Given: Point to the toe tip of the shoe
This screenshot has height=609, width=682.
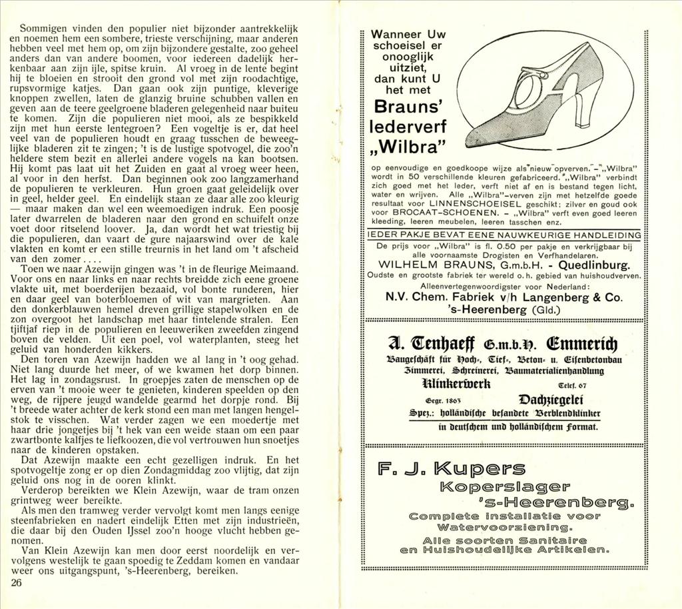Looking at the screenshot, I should [470, 141].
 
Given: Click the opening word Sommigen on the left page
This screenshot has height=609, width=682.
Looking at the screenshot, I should [41, 29].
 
